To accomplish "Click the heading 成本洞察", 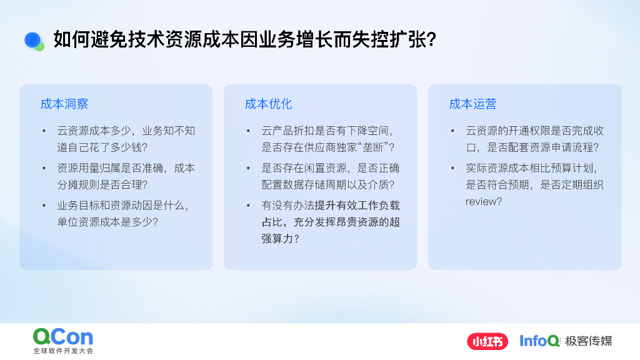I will pyautogui.click(x=64, y=104).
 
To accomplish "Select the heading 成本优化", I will pyautogui.click(x=268, y=104).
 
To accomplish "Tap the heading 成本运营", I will pyautogui.click(x=472, y=104).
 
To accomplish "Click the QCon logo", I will pyautogui.click(x=63, y=337).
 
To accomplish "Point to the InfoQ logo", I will pyautogui.click(x=539, y=341).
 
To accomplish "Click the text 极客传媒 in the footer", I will pyautogui.click(x=588, y=341).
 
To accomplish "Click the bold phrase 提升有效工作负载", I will pyautogui.click(x=357, y=205).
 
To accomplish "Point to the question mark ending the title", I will pyautogui.click(x=430, y=40).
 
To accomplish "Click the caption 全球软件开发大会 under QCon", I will pyautogui.click(x=63, y=351).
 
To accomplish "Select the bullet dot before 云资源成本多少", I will pyautogui.click(x=44, y=131).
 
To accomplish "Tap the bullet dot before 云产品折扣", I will pyautogui.click(x=248, y=131).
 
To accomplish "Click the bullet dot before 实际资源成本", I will pyautogui.click(x=452, y=168).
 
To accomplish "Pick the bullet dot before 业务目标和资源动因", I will pyautogui.click(x=44, y=205).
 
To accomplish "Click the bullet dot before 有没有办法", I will pyautogui.click(x=248, y=205).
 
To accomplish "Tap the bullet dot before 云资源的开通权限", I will pyautogui.click(x=452, y=131).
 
